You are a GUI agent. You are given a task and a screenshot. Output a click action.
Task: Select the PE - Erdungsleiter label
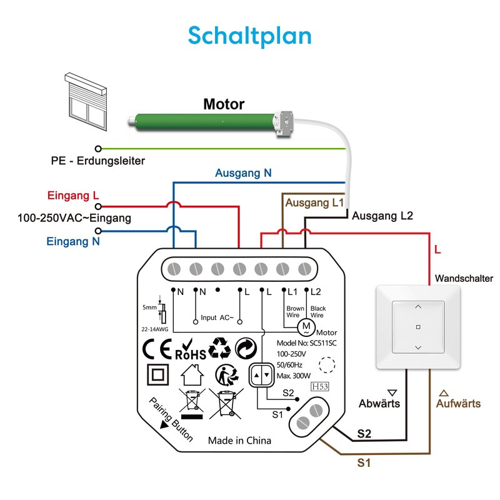[x=97, y=161]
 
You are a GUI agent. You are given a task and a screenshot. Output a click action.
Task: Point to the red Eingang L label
[x=73, y=196]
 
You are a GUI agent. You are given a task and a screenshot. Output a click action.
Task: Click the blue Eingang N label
[x=73, y=241]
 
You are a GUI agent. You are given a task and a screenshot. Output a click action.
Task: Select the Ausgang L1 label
[x=314, y=203]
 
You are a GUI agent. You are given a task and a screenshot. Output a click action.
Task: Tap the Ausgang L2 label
[x=382, y=216]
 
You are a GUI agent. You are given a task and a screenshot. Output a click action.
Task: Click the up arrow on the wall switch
[x=418, y=306]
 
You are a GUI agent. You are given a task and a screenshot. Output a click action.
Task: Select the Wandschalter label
[x=464, y=278]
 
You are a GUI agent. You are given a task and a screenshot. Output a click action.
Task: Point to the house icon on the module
[x=192, y=377]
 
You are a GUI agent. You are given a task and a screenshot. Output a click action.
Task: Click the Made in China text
[x=239, y=441]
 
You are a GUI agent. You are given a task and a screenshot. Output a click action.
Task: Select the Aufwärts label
[x=458, y=403]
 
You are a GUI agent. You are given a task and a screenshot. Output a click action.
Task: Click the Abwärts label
[x=379, y=403]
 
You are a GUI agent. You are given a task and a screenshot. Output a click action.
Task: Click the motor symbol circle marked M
[x=306, y=326]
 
